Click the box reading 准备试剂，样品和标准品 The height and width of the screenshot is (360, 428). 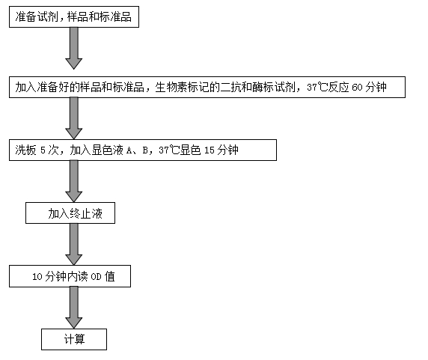[x=74, y=17]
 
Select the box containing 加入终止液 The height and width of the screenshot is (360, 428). [x=70, y=213]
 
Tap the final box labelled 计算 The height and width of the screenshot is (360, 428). [x=74, y=339]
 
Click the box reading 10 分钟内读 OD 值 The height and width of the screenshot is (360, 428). [x=70, y=276]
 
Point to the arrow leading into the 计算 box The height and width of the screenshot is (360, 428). [x=73, y=308]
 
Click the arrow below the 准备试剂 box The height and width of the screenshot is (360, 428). [x=73, y=49]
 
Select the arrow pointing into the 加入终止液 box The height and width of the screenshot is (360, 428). [x=73, y=181]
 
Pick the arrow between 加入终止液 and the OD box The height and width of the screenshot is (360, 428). [x=73, y=244]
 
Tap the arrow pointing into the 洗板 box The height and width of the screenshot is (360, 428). [x=73, y=118]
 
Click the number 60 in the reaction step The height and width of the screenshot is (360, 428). [x=357, y=88]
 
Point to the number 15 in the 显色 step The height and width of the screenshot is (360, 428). [x=209, y=150]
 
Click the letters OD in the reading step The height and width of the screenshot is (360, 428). [x=96, y=277]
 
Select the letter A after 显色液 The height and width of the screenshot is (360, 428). [x=129, y=150]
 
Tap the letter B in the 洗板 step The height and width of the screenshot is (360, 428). [x=145, y=150]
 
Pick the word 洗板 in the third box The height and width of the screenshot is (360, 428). [x=25, y=150]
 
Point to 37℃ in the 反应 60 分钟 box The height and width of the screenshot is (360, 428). [x=317, y=88]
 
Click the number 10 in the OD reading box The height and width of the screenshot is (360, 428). [x=37, y=277]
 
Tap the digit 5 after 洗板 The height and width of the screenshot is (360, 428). [x=43, y=150]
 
